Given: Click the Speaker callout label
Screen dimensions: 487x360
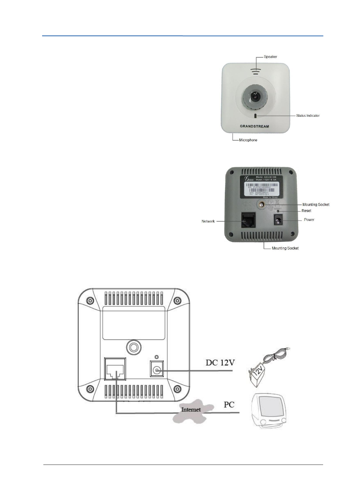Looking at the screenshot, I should coord(270,57).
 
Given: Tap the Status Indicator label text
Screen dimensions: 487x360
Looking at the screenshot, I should coord(308,116).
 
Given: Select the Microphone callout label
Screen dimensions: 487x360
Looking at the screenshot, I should coord(248,140).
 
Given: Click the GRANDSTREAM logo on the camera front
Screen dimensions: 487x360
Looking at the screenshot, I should coord(254,126).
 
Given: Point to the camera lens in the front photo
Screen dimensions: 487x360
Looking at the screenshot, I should coord(255,96).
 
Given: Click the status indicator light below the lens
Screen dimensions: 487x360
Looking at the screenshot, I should coord(255,116).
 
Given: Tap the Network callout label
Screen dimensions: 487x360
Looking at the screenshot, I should coord(208,221).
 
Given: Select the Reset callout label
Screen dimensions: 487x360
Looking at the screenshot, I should coord(306,211).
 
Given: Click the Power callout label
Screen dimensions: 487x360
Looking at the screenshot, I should coord(309,220).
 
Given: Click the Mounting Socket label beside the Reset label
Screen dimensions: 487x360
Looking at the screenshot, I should coord(316,205).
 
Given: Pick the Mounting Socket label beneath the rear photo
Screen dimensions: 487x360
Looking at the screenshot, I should coord(285,248).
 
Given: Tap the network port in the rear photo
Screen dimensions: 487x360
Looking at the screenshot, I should coord(248,220).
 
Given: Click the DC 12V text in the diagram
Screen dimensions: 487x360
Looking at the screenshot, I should coord(220,363).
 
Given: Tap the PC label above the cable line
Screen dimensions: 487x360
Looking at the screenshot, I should coord(229,405).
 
